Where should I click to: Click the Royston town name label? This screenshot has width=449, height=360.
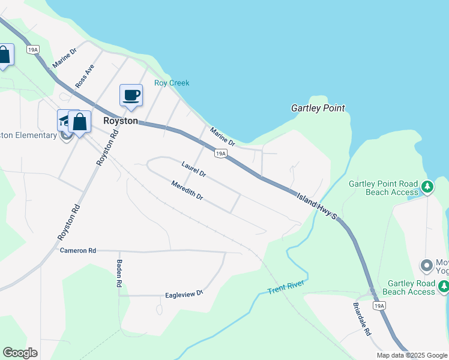pyautogui.click(x=121, y=121)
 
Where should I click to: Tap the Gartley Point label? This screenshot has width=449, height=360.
pyautogui.click(x=318, y=109)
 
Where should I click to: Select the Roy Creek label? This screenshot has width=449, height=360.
pyautogui.click(x=172, y=83)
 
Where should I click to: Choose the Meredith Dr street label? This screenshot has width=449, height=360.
pyautogui.click(x=187, y=190)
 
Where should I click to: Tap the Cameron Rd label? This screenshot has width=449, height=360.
pyautogui.click(x=78, y=250)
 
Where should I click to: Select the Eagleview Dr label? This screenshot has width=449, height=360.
pyautogui.click(x=185, y=295)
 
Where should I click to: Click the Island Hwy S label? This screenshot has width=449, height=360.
pyautogui.click(x=318, y=205)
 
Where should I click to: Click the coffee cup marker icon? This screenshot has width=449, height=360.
pyautogui.click(x=131, y=95)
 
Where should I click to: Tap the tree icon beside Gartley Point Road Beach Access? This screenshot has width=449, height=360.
pyautogui.click(x=427, y=187)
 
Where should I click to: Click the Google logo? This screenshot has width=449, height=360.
pyautogui.click(x=20, y=353)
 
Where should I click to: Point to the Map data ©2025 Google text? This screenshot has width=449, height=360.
pyautogui.click(x=412, y=355)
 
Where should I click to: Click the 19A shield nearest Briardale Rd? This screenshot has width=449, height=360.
pyautogui.click(x=379, y=306)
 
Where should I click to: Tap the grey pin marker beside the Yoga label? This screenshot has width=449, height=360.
pyautogui.click(x=427, y=265)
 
